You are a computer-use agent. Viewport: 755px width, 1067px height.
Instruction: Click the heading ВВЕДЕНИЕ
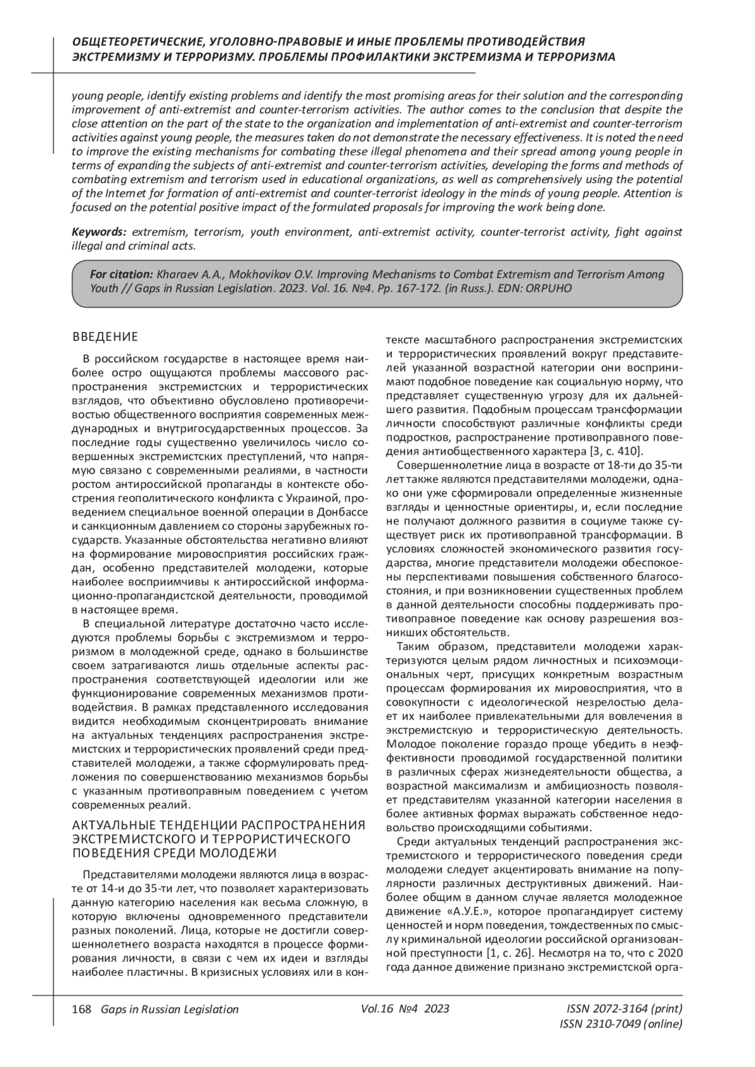[105, 337]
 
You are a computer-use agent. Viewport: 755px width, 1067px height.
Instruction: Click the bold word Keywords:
[99, 233]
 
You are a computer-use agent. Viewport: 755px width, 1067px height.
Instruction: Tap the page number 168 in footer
[82, 1009]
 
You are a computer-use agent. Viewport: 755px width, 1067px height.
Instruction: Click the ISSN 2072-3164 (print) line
[624, 1009]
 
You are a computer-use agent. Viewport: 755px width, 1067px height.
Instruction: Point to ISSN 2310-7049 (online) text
[620, 1024]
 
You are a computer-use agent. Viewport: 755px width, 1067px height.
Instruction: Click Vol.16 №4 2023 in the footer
[405, 1009]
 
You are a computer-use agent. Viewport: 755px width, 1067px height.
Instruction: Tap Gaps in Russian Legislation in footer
[170, 1009]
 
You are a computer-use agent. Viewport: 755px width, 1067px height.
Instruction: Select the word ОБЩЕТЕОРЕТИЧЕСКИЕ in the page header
[138, 41]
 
